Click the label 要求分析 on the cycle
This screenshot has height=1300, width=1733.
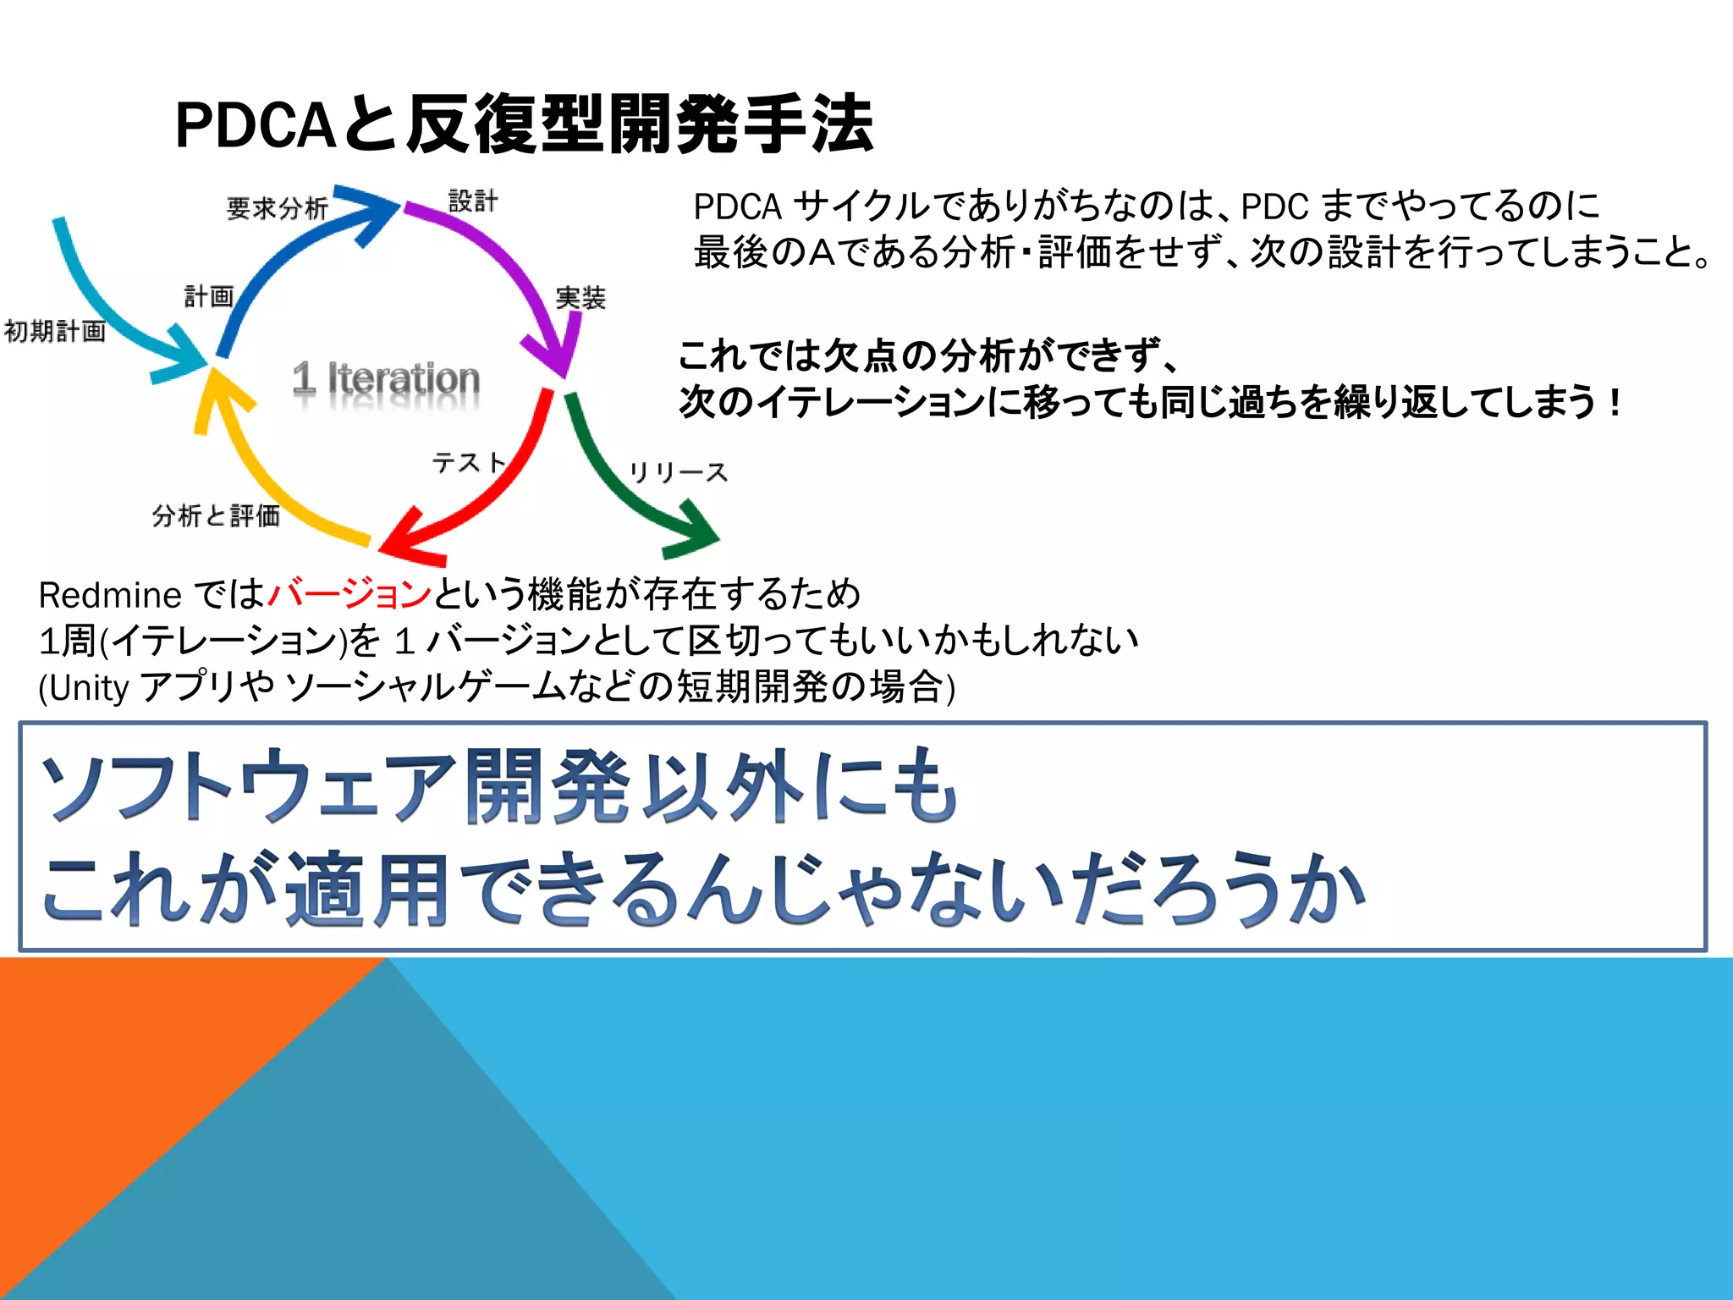click(x=277, y=208)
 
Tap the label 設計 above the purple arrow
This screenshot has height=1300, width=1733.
click(x=473, y=201)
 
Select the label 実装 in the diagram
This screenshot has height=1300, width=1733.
click(x=580, y=298)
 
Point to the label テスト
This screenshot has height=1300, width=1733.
click(x=469, y=462)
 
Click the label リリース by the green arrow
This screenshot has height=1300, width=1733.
click(x=678, y=472)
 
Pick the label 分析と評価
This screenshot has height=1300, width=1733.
click(x=216, y=515)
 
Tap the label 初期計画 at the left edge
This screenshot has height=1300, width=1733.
click(x=55, y=331)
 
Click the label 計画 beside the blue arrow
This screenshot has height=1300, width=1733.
click(x=208, y=296)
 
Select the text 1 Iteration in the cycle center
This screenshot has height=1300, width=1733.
click(x=387, y=378)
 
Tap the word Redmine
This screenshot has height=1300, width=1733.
click(x=110, y=596)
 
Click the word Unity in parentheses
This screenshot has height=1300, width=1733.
click(x=88, y=688)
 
